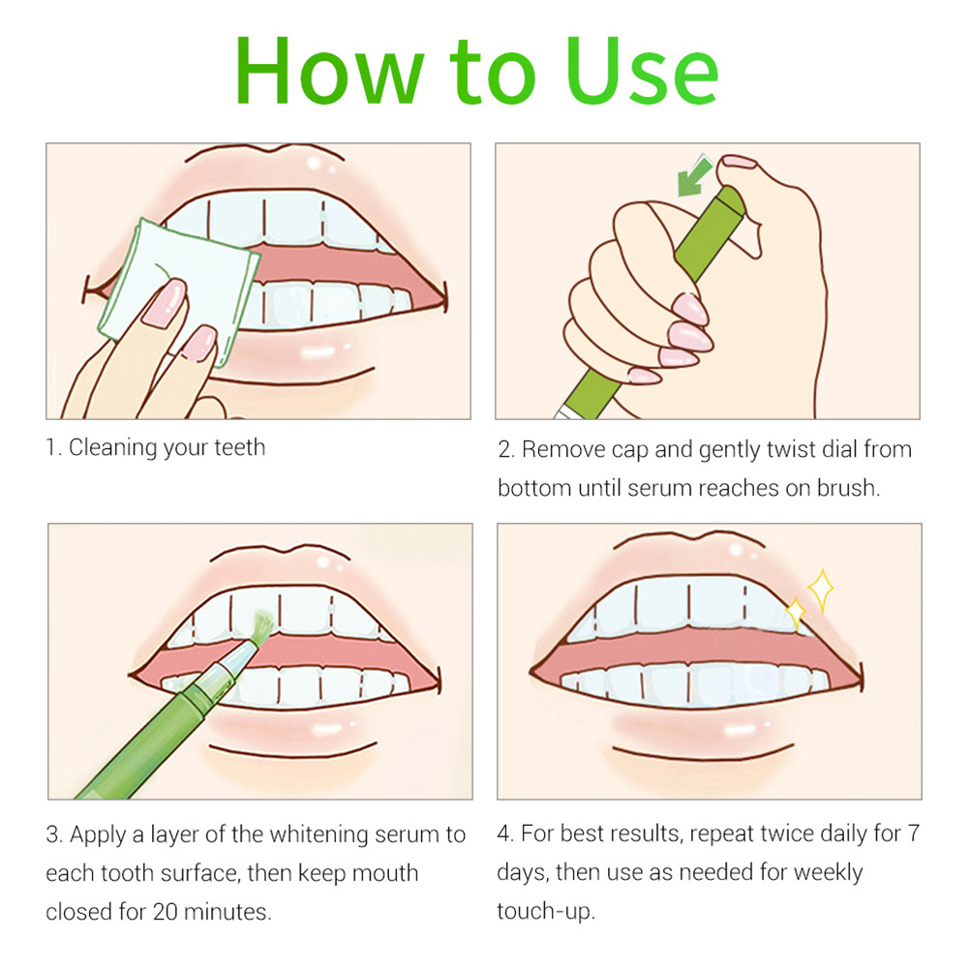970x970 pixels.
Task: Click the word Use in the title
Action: [642, 71]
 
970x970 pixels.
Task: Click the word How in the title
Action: [329, 71]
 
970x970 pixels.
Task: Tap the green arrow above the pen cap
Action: [695, 175]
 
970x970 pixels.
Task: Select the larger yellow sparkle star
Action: [822, 591]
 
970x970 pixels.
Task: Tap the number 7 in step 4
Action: [914, 834]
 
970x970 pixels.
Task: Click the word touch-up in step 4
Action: [546, 912]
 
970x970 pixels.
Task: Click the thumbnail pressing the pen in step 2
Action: [740, 162]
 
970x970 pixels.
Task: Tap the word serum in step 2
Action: [659, 489]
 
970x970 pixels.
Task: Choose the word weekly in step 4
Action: [828, 873]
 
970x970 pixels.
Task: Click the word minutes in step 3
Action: [227, 912]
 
